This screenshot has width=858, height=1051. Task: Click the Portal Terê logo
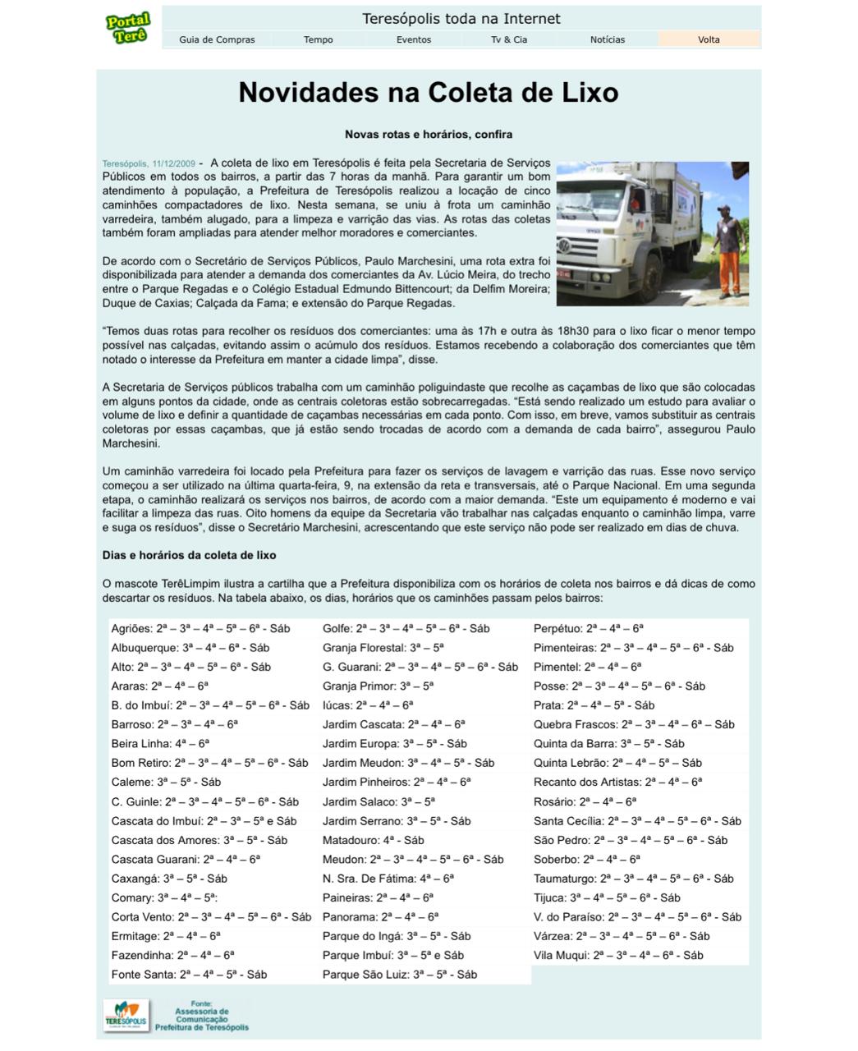click(128, 28)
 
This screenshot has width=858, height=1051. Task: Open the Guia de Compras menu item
click(217, 39)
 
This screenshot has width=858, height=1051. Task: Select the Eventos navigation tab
click(413, 39)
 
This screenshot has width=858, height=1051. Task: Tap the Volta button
click(709, 39)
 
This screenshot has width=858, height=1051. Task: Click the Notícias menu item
click(607, 39)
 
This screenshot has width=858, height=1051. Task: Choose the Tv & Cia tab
click(509, 39)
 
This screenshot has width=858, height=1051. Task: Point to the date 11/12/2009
click(173, 163)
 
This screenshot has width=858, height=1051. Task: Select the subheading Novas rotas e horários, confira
click(428, 134)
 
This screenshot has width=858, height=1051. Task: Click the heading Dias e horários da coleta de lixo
click(189, 555)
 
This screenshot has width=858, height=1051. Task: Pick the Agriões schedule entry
click(200, 629)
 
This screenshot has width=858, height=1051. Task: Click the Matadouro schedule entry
click(373, 840)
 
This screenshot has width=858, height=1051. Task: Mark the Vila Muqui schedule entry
click(618, 955)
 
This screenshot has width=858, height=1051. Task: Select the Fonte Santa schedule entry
click(189, 975)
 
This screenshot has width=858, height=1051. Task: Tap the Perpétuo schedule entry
click(588, 629)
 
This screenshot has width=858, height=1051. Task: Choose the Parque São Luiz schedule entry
click(399, 975)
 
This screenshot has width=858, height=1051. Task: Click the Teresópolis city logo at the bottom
click(126, 1016)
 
